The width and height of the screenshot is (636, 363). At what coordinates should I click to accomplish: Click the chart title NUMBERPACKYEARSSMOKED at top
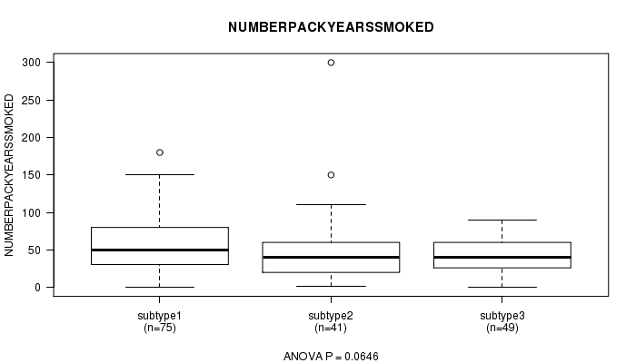(331, 27)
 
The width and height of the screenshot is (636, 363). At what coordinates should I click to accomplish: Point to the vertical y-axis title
(9, 175)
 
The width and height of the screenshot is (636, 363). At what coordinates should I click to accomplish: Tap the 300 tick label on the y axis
(32, 63)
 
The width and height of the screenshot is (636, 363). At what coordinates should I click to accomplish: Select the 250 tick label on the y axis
(32, 100)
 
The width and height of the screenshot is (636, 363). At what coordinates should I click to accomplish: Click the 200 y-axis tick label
(32, 138)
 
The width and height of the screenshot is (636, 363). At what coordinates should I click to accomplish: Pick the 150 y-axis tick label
(32, 175)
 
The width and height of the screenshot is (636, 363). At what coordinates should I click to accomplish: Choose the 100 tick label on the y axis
(32, 212)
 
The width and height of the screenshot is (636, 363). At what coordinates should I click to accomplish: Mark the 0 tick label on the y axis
(38, 288)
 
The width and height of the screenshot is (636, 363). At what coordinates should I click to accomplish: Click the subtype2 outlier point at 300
(331, 63)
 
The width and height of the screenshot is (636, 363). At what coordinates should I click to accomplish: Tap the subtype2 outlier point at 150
(331, 175)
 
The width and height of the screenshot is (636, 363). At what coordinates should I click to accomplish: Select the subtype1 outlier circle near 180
(160, 152)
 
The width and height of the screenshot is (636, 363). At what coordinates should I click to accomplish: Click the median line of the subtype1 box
(160, 250)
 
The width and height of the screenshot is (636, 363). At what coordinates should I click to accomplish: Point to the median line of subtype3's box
(502, 257)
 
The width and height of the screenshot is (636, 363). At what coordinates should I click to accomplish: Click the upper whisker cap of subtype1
(160, 174)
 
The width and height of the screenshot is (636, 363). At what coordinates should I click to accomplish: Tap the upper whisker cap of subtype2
(331, 204)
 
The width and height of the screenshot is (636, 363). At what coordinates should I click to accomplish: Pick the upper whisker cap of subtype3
(502, 220)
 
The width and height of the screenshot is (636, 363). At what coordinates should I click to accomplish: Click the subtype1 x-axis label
(160, 316)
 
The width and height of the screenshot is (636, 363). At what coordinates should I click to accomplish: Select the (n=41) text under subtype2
(331, 328)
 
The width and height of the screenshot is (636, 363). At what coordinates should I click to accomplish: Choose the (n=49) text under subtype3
(502, 328)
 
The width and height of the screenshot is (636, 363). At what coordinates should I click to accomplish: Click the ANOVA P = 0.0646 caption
(331, 357)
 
